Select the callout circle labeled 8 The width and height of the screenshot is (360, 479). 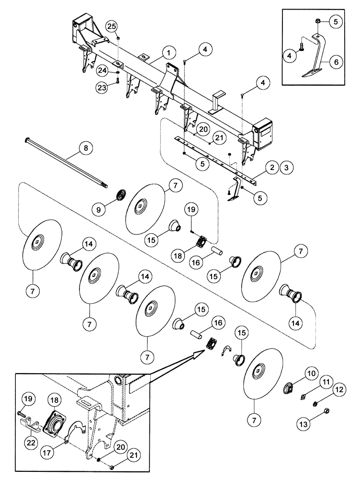pyautogui.click(x=86, y=148)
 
